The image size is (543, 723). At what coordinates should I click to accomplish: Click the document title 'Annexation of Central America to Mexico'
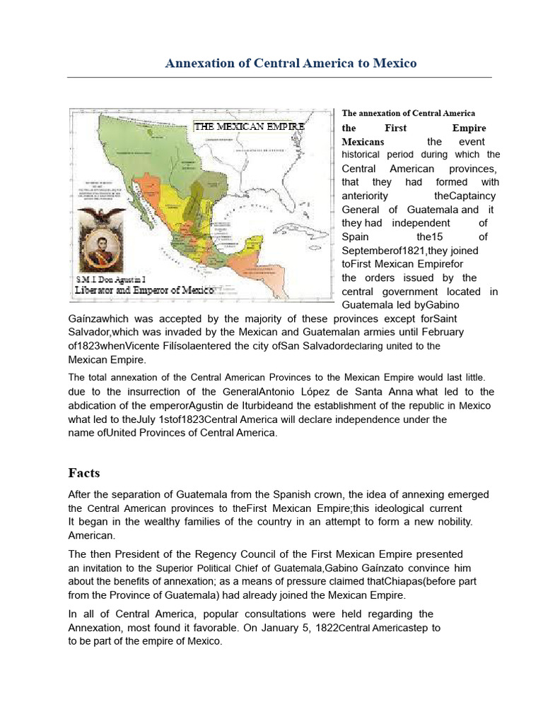[x=291, y=64]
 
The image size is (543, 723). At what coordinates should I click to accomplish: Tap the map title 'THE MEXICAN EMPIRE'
[x=250, y=126]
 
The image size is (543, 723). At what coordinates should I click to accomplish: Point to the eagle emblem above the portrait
[x=101, y=215]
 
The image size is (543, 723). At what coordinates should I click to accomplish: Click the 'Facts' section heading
[x=84, y=472]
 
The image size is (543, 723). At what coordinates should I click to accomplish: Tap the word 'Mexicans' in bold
[x=363, y=142]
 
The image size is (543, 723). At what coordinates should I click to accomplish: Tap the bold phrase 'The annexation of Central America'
[x=409, y=113]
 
